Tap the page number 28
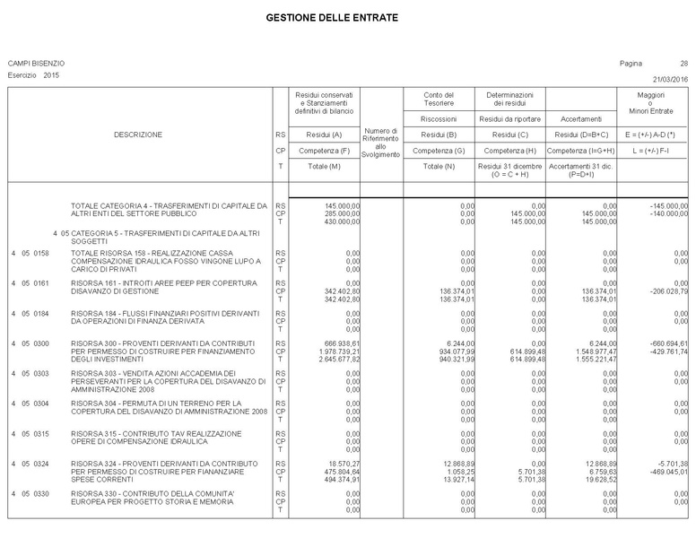tap(684, 64)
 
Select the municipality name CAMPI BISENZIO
tap(36, 64)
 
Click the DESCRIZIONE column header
tap(138, 134)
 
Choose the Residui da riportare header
tap(509, 118)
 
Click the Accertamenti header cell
tap(580, 118)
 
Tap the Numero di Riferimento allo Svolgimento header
tap(380, 143)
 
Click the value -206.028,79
tap(666, 291)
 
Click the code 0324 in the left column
tap(40, 464)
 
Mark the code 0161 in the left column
tap(40, 283)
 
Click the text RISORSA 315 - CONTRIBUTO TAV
tap(157, 433)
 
